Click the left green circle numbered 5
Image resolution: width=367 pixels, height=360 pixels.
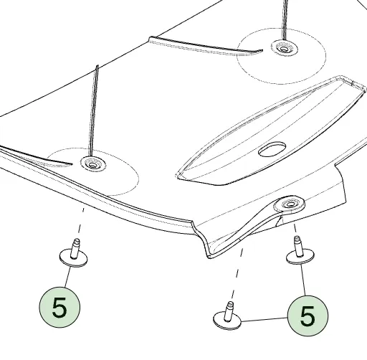(59, 307)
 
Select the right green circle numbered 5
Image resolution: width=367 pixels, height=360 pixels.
(308, 316)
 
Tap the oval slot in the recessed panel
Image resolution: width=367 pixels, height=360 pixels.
(272, 149)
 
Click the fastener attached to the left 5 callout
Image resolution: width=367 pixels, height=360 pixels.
(73, 253)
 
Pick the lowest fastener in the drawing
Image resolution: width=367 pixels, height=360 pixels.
(227, 316)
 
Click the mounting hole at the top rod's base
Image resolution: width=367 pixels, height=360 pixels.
(284, 49)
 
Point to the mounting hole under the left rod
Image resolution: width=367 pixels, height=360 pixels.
(93, 164)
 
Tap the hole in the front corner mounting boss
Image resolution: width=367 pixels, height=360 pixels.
(290, 204)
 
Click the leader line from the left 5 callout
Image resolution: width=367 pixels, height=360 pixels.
(67, 277)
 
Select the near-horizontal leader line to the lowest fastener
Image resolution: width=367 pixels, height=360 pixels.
(264, 319)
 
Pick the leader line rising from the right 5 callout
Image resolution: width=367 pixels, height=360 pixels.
(303, 280)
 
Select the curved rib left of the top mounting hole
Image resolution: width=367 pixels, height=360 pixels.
(206, 45)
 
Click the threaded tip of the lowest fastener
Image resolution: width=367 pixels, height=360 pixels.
(230, 305)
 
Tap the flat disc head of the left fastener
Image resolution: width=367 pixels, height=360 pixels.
(73, 259)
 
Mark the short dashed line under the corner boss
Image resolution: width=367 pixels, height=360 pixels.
(295, 228)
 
